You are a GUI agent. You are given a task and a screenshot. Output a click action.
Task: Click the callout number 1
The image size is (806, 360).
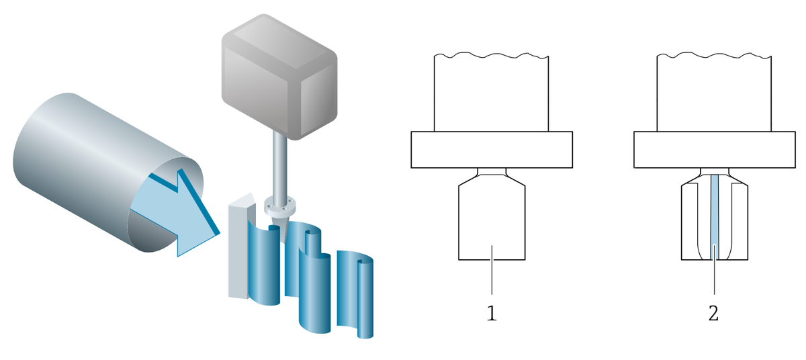492,313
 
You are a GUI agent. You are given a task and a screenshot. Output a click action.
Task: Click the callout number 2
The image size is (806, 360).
713,313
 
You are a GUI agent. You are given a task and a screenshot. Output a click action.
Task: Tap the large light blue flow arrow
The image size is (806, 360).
175,212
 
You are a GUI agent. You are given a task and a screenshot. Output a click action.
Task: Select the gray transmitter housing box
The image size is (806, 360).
279,77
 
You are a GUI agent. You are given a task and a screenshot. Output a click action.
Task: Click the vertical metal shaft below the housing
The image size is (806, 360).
279,165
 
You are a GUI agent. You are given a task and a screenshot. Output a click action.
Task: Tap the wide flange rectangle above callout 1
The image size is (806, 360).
492,150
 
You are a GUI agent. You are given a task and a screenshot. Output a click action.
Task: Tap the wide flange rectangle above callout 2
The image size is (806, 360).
715,150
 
